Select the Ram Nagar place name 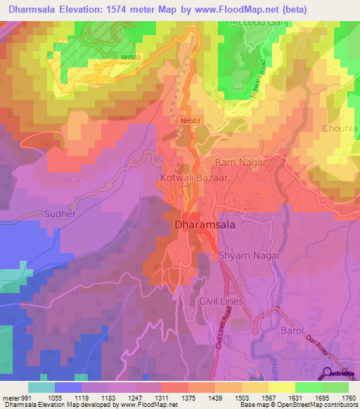tap(240, 162)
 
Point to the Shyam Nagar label tap(249, 257)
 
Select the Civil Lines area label tap(221, 301)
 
